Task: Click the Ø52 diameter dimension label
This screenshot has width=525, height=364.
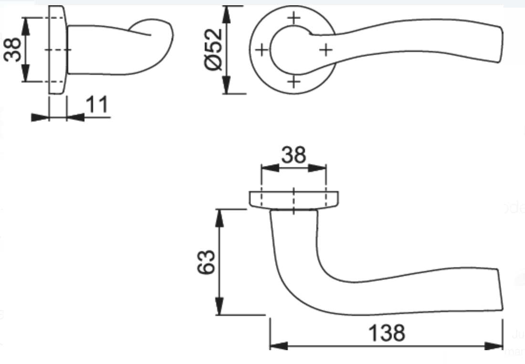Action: (213, 50)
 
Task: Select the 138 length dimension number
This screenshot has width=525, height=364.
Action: (387, 333)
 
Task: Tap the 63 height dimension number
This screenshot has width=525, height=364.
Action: (206, 262)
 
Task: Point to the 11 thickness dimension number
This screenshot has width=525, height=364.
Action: (97, 104)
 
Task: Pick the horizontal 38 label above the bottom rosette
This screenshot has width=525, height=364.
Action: (294, 155)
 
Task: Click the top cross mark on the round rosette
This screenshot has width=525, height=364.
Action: (294, 18)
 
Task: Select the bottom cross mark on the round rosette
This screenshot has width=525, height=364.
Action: (294, 81)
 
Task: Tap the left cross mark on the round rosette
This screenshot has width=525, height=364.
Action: (262, 50)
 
